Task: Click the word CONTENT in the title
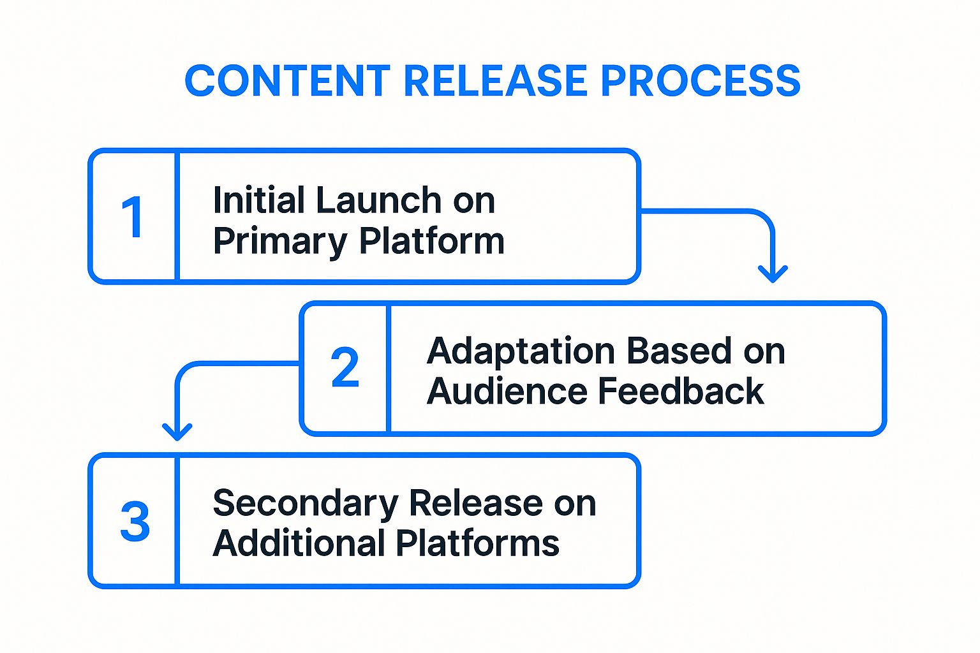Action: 287,81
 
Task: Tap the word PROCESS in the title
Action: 700,81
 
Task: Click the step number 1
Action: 133,217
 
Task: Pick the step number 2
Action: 345,368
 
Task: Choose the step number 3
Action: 135,522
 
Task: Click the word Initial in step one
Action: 258,200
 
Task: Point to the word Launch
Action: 378,200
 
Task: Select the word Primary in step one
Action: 280,241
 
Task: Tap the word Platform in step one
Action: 432,241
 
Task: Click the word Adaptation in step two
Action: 521,351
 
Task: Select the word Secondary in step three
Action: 305,504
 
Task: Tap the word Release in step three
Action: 476,504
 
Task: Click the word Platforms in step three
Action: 478,543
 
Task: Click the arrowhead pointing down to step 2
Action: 773,274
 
